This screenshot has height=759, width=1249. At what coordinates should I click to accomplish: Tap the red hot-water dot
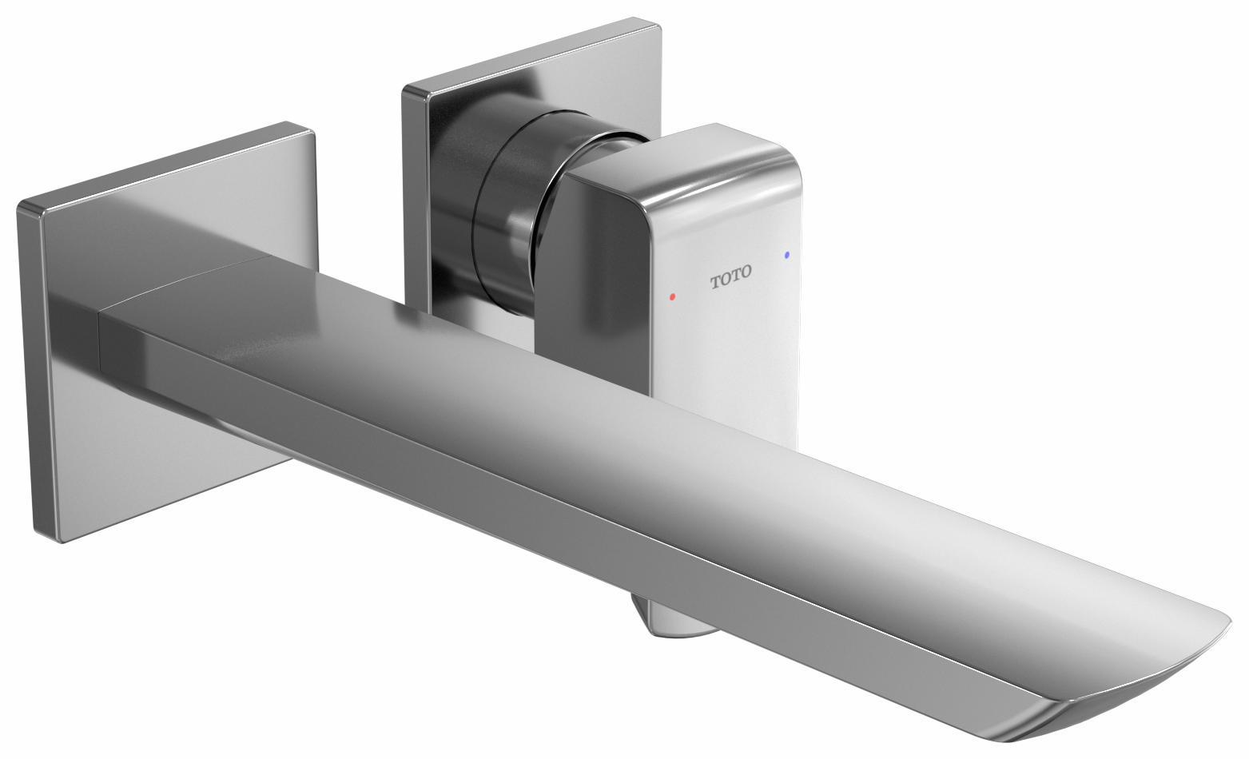coord(672,296)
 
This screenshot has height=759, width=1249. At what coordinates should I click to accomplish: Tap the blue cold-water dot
coord(787,255)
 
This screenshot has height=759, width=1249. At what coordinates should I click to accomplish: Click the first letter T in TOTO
coord(715,282)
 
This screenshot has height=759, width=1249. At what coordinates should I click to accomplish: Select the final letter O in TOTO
coord(746,272)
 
